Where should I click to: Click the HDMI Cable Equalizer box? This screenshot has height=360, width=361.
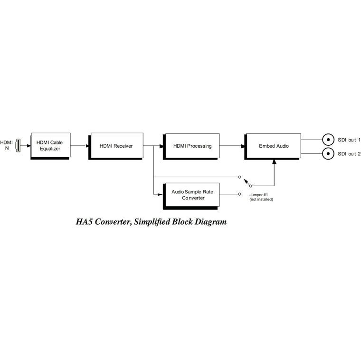tap(50, 145)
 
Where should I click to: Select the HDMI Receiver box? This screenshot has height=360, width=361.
tap(116, 146)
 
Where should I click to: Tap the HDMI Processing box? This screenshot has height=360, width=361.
tap(192, 146)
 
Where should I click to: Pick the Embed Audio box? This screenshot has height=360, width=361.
tap(273, 146)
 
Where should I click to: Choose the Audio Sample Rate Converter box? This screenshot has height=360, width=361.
tap(192, 195)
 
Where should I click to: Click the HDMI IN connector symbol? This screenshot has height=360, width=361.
tap(18, 145)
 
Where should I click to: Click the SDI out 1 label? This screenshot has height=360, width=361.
tap(349, 140)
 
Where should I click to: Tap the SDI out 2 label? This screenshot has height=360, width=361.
tap(349, 154)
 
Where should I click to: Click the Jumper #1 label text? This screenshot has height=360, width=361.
tap(259, 195)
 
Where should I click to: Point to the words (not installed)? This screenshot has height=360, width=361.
tap(261, 199)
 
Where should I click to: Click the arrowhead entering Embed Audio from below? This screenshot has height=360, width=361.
tap(275, 162)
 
